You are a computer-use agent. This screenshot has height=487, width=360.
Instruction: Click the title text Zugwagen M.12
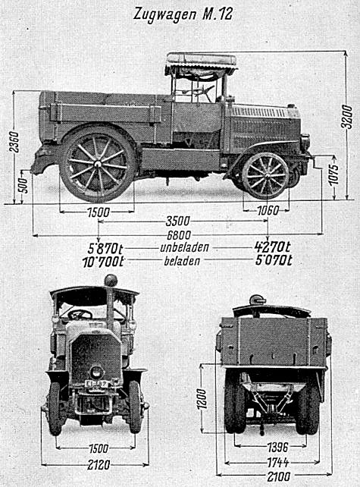(x=183, y=15)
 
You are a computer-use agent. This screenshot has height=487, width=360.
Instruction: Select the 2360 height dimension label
(x=14, y=142)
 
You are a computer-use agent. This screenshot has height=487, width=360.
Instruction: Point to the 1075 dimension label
(x=334, y=174)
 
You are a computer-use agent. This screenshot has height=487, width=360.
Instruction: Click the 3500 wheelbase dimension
(x=177, y=222)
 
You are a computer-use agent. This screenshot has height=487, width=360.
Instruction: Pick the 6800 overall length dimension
(x=179, y=235)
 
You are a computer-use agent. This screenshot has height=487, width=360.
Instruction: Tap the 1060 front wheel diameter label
(x=268, y=211)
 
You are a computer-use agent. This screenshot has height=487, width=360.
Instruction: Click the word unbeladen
(x=185, y=247)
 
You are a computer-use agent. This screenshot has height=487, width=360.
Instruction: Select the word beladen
(x=182, y=261)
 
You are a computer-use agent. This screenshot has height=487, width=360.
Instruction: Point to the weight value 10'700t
(x=103, y=262)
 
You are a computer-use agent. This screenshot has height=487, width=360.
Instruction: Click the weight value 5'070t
(x=274, y=260)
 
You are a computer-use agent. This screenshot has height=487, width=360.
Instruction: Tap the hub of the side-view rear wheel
(x=98, y=163)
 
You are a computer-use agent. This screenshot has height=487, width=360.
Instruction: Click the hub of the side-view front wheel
(x=266, y=175)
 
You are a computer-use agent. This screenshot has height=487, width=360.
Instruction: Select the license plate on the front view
(x=98, y=384)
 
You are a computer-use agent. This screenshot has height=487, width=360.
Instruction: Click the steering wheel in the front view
(x=80, y=315)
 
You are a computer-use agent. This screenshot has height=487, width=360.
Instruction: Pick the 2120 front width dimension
(x=99, y=465)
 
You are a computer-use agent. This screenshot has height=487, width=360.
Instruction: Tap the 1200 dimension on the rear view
(x=202, y=399)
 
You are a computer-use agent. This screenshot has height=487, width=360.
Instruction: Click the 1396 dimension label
(x=277, y=448)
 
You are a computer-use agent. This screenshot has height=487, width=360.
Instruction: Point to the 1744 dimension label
(x=277, y=463)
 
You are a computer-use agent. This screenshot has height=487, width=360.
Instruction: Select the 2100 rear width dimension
(x=279, y=476)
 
